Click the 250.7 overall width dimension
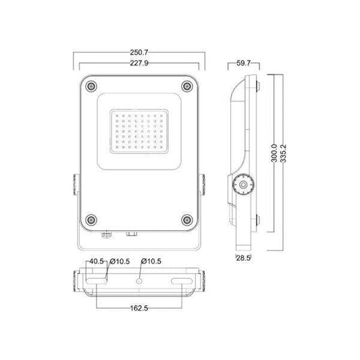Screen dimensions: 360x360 pyautogui.click(x=139, y=51)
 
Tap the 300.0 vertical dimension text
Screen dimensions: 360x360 pyautogui.click(x=273, y=152)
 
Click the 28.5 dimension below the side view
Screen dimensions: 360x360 pyautogui.click(x=243, y=257)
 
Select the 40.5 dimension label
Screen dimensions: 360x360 pyautogui.click(x=95, y=261)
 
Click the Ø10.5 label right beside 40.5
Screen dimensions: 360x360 pyautogui.click(x=120, y=261)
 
